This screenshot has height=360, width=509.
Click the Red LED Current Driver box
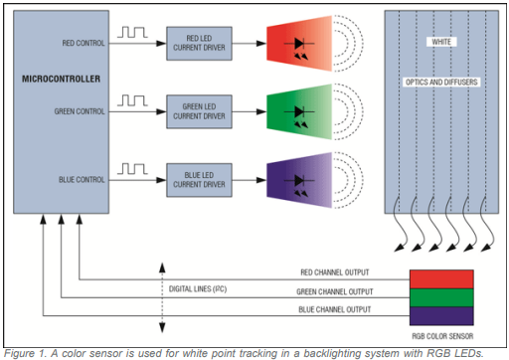(199, 44)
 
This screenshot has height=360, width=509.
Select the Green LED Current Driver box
(199, 111)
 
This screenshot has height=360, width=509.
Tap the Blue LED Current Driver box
(199, 180)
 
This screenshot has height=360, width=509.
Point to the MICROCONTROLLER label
(61, 79)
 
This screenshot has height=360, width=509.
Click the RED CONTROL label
(84, 43)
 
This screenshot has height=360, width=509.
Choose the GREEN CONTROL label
(80, 111)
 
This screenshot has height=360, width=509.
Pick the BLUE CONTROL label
(82, 180)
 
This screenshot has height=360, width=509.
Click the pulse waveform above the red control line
(132, 32)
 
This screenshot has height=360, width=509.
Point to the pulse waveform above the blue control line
(132, 169)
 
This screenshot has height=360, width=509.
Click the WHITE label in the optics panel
(441, 42)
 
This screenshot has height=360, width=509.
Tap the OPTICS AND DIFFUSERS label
(441, 83)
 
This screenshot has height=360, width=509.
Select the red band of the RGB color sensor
(441, 279)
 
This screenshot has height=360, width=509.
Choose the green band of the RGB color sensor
(441, 297)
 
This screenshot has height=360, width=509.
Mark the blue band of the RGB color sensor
(441, 316)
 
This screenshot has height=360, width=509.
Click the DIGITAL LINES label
(198, 289)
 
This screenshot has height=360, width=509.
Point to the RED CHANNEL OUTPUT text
(335, 272)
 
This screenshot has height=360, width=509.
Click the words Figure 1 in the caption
(25, 353)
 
